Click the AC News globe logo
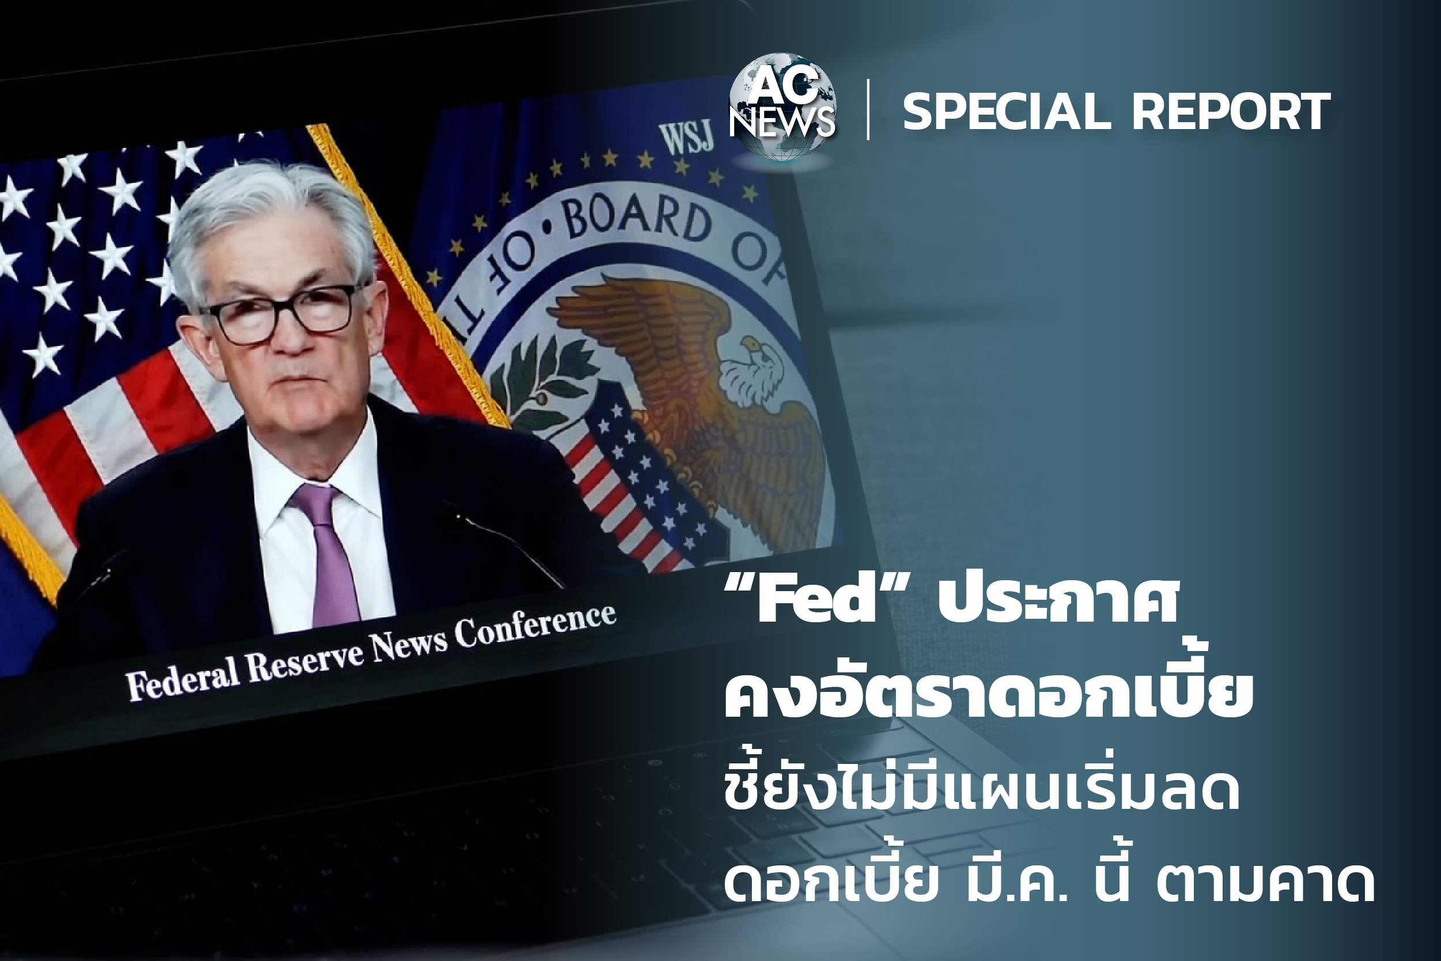pos(782,107)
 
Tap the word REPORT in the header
pos(1231,112)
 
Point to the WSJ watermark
pos(686,137)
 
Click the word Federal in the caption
pos(182,676)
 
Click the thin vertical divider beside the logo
pos(868,109)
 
